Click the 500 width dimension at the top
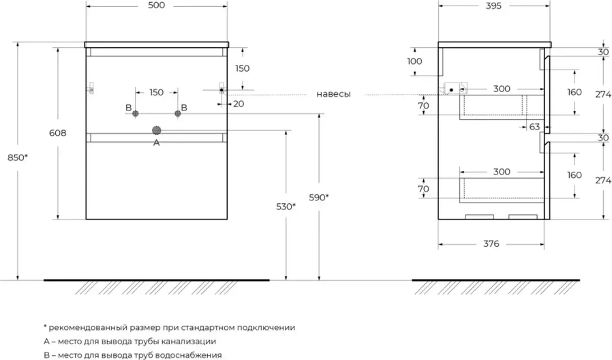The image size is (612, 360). click(155, 6)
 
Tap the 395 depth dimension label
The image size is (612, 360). click(493, 6)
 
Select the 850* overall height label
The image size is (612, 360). click(18, 157)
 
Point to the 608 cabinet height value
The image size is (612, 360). click(58, 134)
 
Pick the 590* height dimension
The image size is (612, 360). click(319, 198)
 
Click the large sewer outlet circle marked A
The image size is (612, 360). click(157, 130)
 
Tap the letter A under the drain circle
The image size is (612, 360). click(156, 142)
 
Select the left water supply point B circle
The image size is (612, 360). click(136, 113)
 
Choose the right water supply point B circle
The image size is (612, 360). click(177, 113)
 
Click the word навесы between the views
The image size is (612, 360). click(333, 94)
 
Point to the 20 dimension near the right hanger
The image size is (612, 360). click(238, 104)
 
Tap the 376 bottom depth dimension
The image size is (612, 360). click(492, 243)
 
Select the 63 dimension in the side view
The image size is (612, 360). click(534, 126)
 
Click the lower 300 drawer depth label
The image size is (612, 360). click(502, 172)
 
